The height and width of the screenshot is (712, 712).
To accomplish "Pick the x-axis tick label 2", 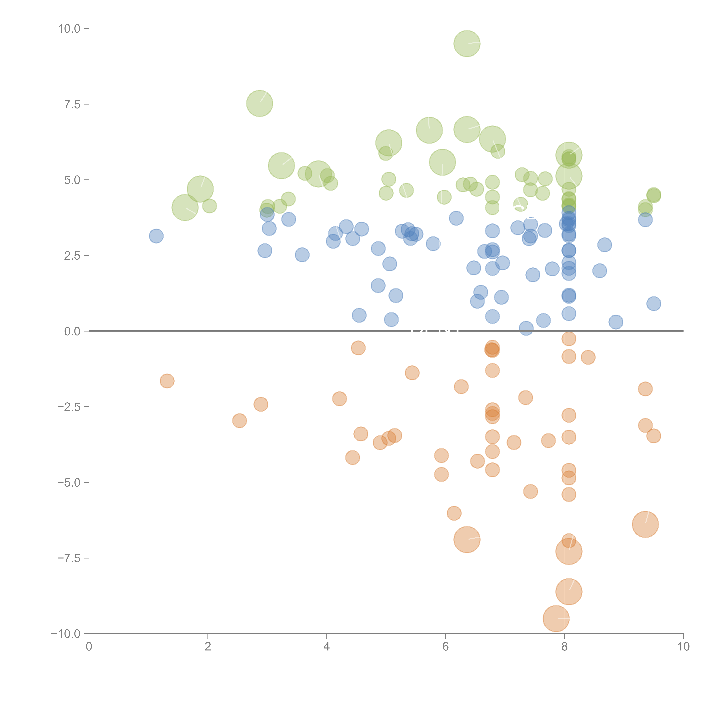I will (x=208, y=647).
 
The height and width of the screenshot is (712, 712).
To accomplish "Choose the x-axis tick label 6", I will (x=446, y=647).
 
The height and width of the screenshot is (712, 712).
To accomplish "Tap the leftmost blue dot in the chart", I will (x=156, y=236).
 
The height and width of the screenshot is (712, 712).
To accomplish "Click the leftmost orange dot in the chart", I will (x=167, y=381).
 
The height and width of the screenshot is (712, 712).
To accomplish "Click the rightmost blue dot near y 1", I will (x=653, y=304).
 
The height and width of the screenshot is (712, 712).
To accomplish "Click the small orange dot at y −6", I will (x=454, y=513).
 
